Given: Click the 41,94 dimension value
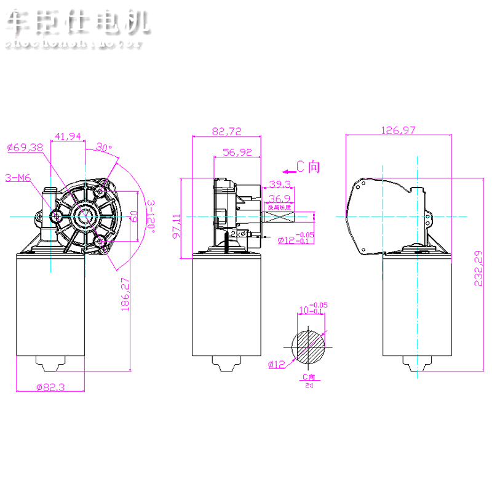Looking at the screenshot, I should [x=68, y=136].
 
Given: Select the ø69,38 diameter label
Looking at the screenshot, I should [x=25, y=147].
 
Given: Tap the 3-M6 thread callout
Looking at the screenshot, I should [x=18, y=178].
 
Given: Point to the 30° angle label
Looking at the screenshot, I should [x=104, y=148].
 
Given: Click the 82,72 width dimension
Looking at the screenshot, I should [x=227, y=130].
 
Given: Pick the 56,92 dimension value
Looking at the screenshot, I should [x=237, y=152].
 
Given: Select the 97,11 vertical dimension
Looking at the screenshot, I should [x=177, y=226].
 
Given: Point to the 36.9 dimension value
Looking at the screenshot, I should [x=280, y=198].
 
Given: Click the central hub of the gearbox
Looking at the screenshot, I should [x=83, y=215].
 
